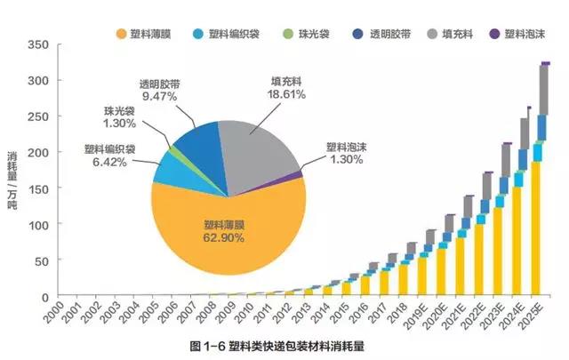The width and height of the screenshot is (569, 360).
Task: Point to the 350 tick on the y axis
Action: pos(40,44)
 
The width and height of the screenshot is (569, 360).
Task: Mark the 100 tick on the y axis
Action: pos(40,225)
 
